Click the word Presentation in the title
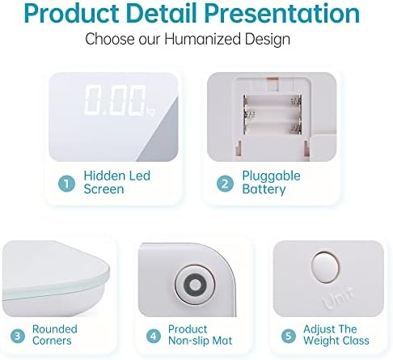point(282,13)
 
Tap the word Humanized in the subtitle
point(202,39)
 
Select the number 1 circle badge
point(66,184)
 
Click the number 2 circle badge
point(225,184)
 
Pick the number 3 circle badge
point(18,336)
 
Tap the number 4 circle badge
point(153,336)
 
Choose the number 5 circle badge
point(289,336)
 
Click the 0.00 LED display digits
point(116,100)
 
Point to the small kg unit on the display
point(151,112)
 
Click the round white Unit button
point(325,267)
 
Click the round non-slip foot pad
point(195,285)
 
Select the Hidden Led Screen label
point(116,182)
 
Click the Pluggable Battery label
point(271,182)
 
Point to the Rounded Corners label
point(55,335)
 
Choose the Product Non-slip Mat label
point(200,335)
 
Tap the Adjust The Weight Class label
point(336,335)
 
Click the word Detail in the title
point(163,13)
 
